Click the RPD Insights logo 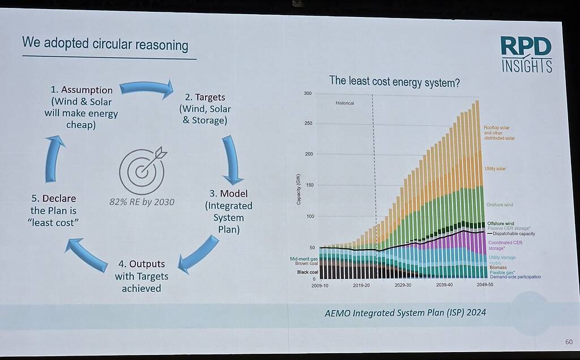pyautogui.click(x=526, y=54)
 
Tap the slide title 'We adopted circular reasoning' pyautogui.click(x=105, y=44)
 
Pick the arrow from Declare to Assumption pyautogui.click(x=54, y=158)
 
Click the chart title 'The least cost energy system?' pyautogui.click(x=395, y=82)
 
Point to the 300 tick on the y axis pyautogui.click(x=308, y=93)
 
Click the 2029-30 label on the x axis pyautogui.click(x=403, y=285)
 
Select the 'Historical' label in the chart pyautogui.click(x=344, y=103)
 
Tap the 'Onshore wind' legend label pyautogui.click(x=500, y=205)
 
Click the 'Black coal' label pyautogui.click(x=308, y=272)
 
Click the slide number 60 pyautogui.click(x=568, y=342)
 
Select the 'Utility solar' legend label pyautogui.click(x=495, y=169)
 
